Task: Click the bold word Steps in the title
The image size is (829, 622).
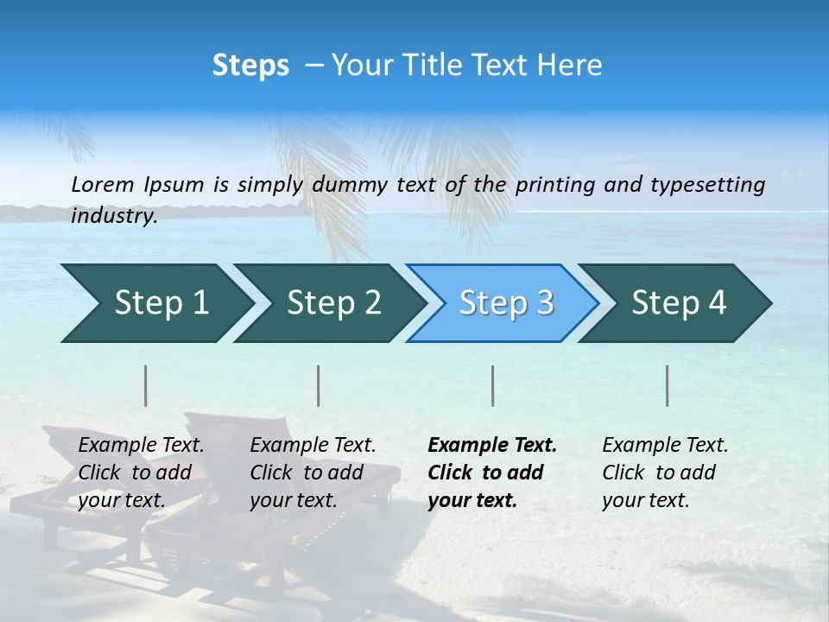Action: tap(250, 66)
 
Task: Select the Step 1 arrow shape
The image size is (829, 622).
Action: tap(155, 303)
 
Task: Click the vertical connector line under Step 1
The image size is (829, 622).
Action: tap(146, 385)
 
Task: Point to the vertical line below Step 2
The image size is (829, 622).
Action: tap(319, 385)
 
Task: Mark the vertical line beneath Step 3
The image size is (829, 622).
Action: tap(492, 385)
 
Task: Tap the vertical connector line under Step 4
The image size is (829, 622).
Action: tap(668, 385)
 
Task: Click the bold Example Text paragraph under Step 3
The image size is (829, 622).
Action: tap(492, 473)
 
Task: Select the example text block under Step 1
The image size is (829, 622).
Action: tap(141, 473)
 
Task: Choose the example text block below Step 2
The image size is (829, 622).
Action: tap(313, 473)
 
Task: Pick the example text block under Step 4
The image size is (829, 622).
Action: tap(665, 473)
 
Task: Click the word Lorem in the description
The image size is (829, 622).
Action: tap(103, 185)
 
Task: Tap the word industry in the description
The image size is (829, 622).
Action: tap(114, 216)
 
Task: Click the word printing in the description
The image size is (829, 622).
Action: tap(556, 185)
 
